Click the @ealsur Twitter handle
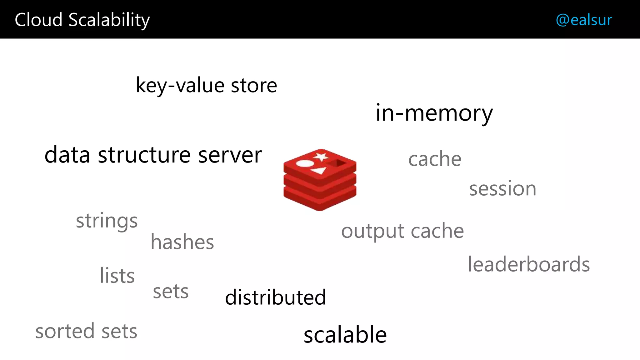[x=583, y=20]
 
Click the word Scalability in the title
[x=109, y=20]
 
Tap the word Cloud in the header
[x=38, y=20]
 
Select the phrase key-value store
[x=206, y=85]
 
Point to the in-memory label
[x=434, y=113]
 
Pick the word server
[x=230, y=155]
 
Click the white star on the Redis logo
[x=321, y=157]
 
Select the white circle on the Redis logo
[x=305, y=163]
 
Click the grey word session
[x=502, y=189]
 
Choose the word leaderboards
[x=529, y=264]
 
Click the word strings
[x=107, y=221]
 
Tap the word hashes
[x=182, y=242]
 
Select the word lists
[x=117, y=276]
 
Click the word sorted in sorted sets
[x=65, y=331]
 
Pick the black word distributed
[x=275, y=297]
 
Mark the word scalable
[x=345, y=335]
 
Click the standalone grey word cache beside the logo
[x=435, y=159]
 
